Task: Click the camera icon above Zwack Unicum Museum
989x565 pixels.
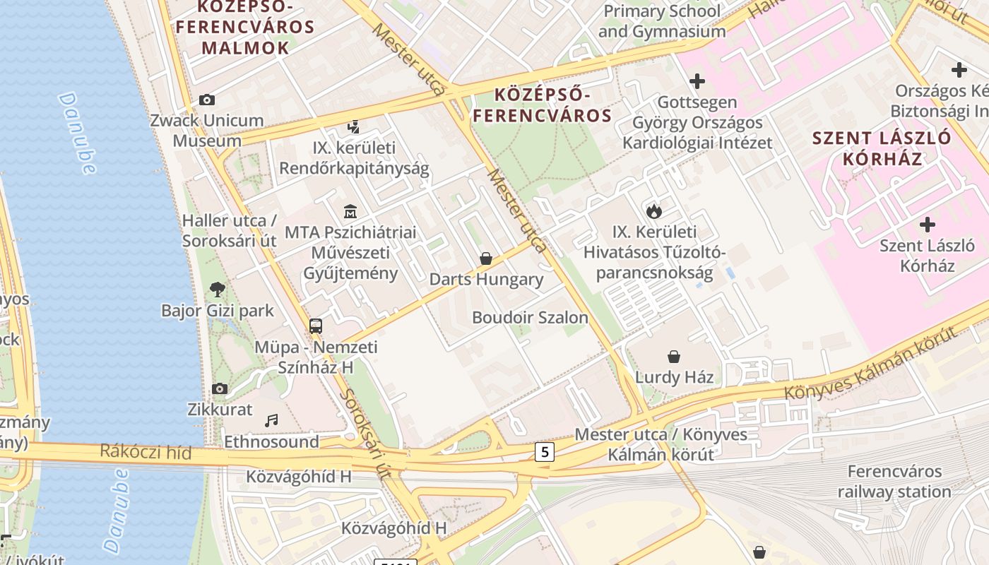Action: pos(207,100)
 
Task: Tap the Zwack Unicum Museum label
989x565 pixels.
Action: pos(207,131)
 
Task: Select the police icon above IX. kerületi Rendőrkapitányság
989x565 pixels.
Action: pos(354,128)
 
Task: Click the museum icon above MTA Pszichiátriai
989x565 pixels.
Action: pos(350,211)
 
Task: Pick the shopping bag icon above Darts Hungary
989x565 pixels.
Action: pos(486,258)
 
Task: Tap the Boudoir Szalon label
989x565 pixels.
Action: pos(530,317)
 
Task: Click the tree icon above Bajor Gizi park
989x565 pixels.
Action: pos(218,289)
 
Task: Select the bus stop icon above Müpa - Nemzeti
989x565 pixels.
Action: pos(316,326)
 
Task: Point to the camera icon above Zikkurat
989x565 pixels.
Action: pos(220,388)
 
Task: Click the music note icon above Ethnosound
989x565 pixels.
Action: pos(271,421)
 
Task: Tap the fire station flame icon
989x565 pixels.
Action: pos(654,210)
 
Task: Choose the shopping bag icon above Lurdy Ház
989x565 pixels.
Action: pos(674,356)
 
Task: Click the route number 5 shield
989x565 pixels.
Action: pos(544,452)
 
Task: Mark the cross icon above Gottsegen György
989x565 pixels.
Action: pos(697,81)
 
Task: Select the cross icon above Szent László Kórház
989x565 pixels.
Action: pos(927,225)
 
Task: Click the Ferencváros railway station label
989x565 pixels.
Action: pos(894,482)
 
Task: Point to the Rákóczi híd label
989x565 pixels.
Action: pos(146,451)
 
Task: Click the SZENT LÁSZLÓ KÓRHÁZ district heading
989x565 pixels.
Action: pos(882,148)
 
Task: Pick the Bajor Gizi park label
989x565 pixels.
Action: pos(218,310)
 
